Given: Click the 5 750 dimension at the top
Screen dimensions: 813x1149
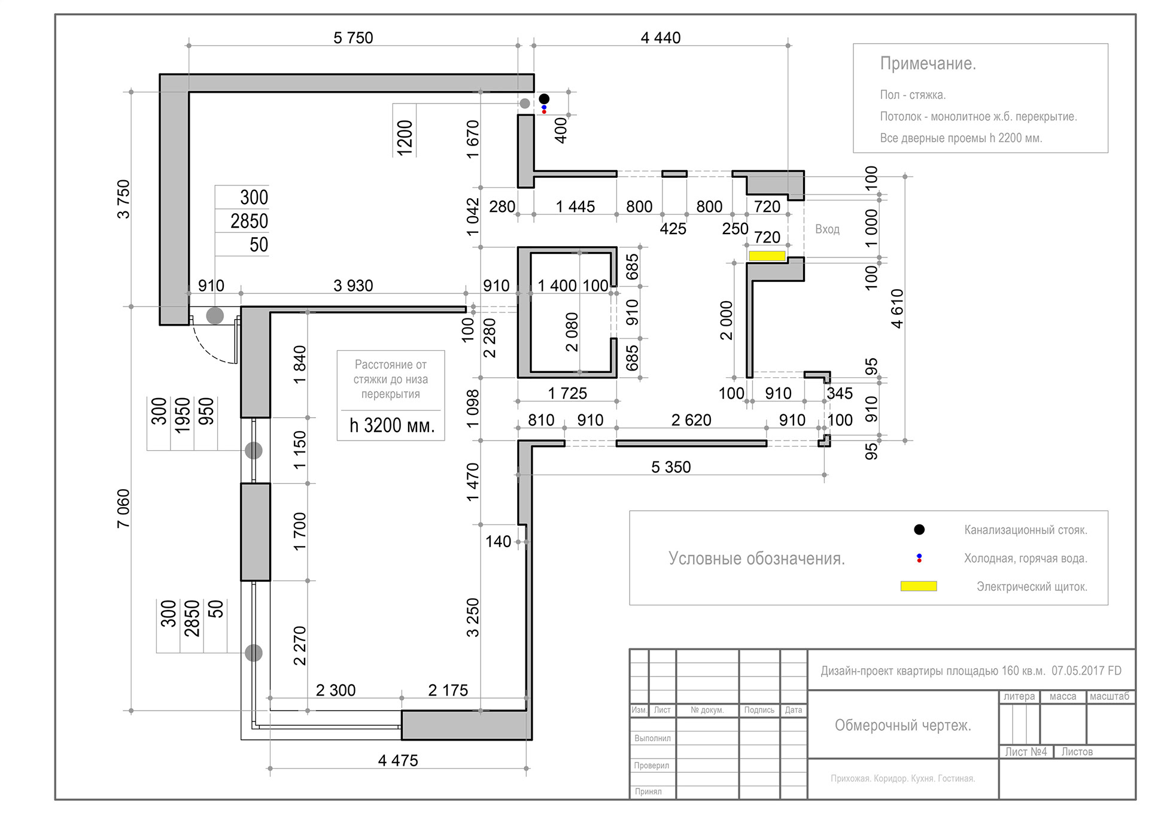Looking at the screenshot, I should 353,38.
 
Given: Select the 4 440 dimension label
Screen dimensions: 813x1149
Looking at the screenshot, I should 661,38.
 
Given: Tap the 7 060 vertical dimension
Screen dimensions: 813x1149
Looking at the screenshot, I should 123,509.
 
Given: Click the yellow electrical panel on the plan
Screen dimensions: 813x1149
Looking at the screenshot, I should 767,256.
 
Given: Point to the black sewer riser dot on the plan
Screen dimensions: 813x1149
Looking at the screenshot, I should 544,99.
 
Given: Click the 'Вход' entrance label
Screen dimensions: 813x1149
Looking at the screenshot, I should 827,229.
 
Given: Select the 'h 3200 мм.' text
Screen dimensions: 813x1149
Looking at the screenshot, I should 392,426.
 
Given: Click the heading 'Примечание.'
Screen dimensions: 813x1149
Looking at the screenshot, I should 928,63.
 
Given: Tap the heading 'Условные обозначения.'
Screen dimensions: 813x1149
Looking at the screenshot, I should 756,559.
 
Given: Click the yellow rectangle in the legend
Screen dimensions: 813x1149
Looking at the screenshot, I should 919,586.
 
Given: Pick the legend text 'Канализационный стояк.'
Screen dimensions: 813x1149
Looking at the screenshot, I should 1026,530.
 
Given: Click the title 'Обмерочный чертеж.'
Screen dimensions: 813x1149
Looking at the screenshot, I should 902,726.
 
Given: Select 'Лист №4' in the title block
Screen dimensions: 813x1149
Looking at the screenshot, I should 1026,752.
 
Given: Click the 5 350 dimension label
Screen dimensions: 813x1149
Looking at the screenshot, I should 671,467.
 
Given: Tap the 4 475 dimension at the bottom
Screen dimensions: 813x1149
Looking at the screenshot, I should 398,760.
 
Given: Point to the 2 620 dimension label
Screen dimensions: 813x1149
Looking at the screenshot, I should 691,420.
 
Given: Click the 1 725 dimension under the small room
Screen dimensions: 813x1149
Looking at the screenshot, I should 567,393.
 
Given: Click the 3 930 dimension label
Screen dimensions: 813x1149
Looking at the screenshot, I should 353,286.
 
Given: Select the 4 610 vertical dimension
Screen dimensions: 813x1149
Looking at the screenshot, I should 897,308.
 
